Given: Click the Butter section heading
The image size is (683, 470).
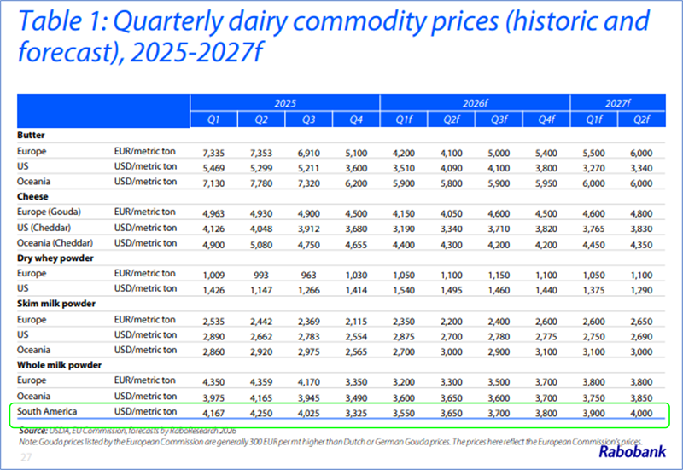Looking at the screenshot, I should pyautogui.click(x=31, y=135).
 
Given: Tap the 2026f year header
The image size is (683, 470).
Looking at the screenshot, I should pyautogui.click(x=474, y=102).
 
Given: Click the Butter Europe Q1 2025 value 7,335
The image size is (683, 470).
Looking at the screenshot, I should pyautogui.click(x=215, y=151).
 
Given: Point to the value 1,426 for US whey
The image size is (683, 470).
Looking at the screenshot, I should pyautogui.click(x=215, y=291).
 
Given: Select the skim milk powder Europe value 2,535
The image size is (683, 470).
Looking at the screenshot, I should pyautogui.click(x=215, y=321).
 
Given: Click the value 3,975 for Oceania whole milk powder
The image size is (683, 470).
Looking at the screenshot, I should pyautogui.click(x=215, y=397).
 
